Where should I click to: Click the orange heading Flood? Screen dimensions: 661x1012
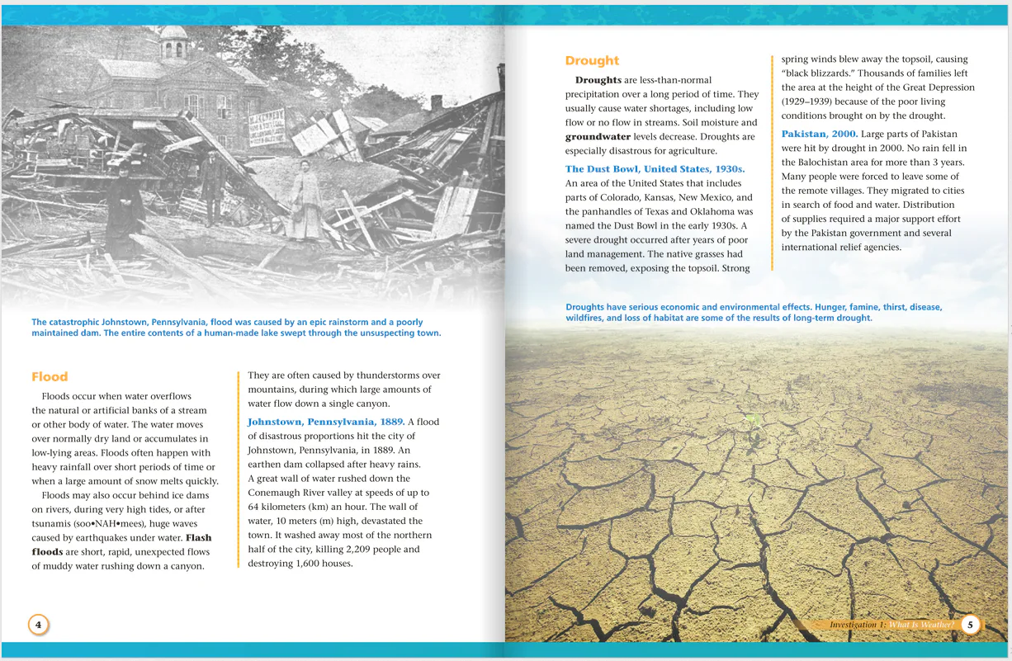(x=50, y=377)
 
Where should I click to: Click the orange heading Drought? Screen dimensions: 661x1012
(x=592, y=60)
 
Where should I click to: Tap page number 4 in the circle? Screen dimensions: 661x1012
(x=38, y=624)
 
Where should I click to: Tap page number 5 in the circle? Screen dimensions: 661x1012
(x=972, y=625)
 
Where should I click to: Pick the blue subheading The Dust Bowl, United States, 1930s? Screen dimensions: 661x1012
(x=655, y=169)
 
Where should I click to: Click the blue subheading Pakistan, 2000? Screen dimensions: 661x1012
(x=820, y=134)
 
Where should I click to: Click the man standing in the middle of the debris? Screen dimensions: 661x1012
(x=213, y=186)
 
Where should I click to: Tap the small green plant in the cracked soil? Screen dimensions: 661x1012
(x=754, y=419)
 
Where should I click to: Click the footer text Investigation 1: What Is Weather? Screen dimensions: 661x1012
(x=891, y=625)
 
